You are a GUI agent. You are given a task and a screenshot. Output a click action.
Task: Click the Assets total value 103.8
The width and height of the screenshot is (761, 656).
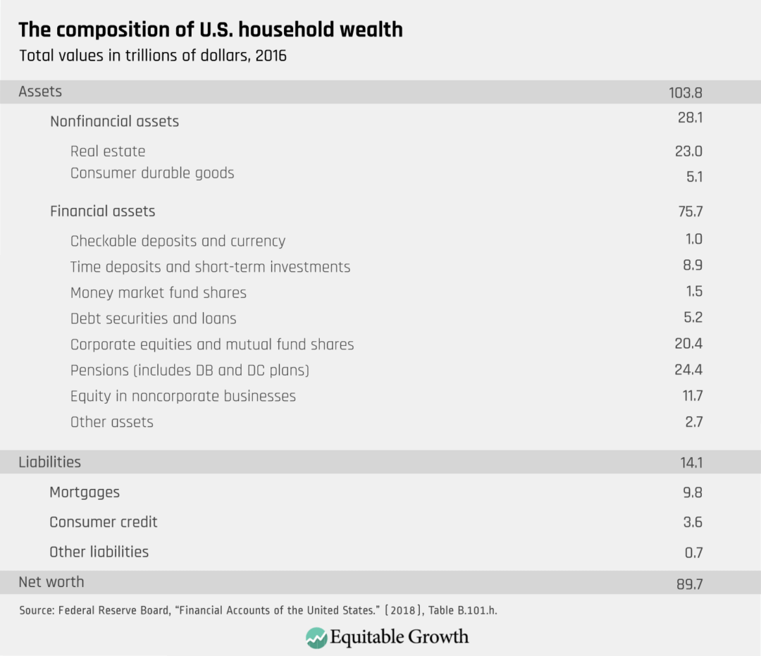[686, 92]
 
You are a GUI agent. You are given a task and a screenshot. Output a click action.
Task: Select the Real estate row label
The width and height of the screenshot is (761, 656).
[108, 151]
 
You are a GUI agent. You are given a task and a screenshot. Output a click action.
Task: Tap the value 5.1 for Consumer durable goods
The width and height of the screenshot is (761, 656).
[694, 177]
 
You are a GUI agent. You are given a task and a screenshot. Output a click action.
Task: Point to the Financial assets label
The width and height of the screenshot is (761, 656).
[102, 211]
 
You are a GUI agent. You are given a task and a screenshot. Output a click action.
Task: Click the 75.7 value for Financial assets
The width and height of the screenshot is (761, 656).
[688, 212]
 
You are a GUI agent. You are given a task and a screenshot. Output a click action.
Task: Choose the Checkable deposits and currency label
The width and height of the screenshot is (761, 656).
[178, 241]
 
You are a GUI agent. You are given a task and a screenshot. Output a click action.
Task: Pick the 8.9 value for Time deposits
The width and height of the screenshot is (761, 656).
[693, 266]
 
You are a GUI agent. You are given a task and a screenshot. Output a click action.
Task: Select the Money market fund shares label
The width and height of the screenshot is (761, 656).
[159, 292]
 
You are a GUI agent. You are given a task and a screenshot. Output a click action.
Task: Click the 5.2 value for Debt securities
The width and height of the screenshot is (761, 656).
[693, 318]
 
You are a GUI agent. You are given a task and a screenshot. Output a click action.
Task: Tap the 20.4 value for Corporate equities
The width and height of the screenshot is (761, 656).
[688, 344]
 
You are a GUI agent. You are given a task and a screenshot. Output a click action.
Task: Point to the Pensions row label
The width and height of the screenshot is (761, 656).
[190, 370]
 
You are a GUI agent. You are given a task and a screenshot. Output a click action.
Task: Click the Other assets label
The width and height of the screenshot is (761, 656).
[112, 422]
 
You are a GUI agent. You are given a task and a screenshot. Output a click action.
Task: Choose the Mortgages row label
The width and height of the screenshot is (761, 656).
[85, 493]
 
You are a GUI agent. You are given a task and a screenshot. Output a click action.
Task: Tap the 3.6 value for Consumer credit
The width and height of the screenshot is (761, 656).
[693, 523]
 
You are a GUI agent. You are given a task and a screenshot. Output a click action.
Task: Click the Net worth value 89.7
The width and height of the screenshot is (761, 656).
[687, 584]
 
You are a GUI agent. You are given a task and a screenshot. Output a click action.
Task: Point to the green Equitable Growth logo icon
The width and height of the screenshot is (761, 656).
[316, 638]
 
